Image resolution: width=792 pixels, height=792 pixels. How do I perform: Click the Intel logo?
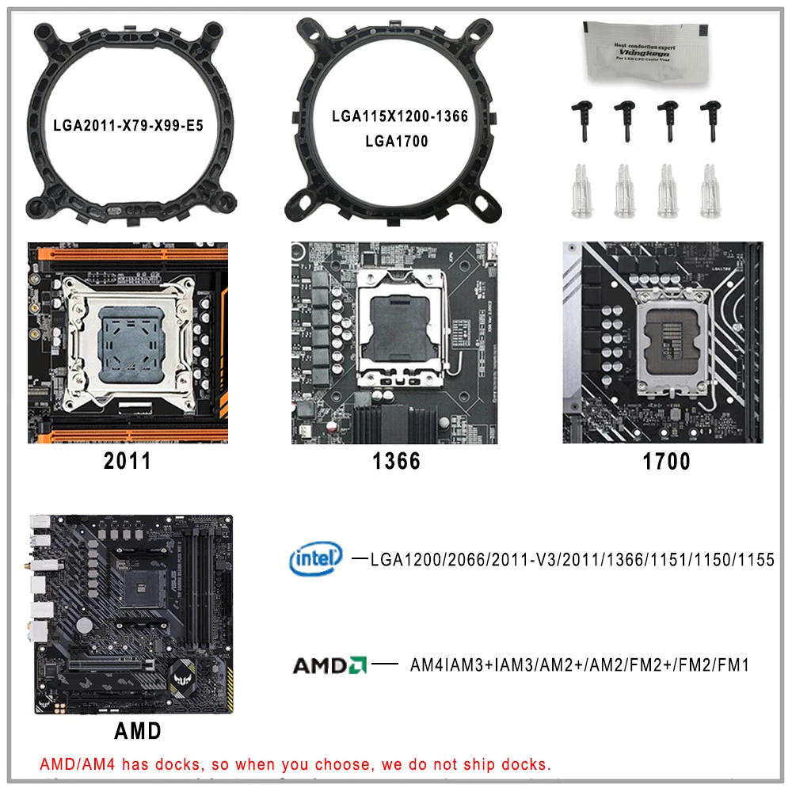click(316, 559)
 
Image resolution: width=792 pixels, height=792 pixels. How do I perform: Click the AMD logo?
click(329, 664)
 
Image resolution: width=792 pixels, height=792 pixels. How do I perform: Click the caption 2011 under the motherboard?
click(128, 462)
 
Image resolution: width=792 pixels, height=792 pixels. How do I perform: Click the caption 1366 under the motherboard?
click(396, 462)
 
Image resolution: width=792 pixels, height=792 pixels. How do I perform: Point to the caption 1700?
click(665, 462)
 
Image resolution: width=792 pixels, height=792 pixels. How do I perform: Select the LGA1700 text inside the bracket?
click(397, 142)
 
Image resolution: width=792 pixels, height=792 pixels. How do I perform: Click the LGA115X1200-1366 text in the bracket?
click(400, 116)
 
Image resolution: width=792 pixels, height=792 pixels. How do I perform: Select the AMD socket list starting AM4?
click(579, 665)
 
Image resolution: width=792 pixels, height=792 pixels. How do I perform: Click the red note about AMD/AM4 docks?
click(295, 765)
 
